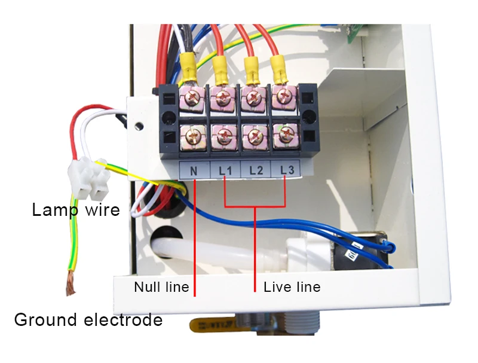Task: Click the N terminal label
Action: [194, 171]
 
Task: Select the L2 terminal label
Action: [256, 170]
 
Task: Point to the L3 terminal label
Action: [287, 170]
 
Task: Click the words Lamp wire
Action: [76, 210]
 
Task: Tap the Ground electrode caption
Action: [88, 320]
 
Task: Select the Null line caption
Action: [161, 287]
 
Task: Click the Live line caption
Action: [292, 287]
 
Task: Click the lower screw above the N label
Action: [193, 137]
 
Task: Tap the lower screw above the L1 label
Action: [223, 136]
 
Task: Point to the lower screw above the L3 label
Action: [285, 133]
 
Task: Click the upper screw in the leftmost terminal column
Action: [192, 97]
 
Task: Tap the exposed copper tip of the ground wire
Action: [71, 282]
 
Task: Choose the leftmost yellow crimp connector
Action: [188, 68]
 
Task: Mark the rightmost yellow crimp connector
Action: [278, 69]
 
